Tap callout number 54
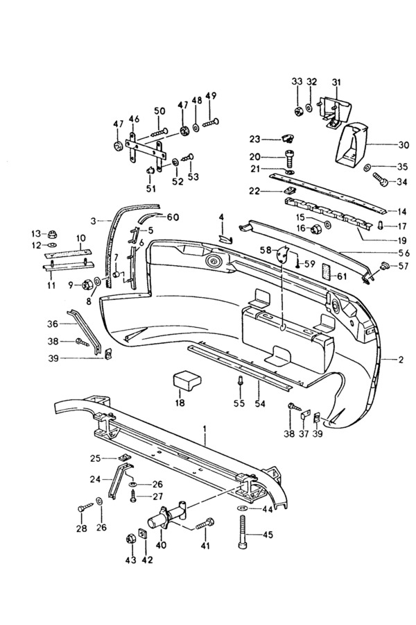pyautogui.click(x=260, y=403)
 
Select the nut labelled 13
pyautogui.click(x=51, y=233)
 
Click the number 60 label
pyautogui.click(x=173, y=217)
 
